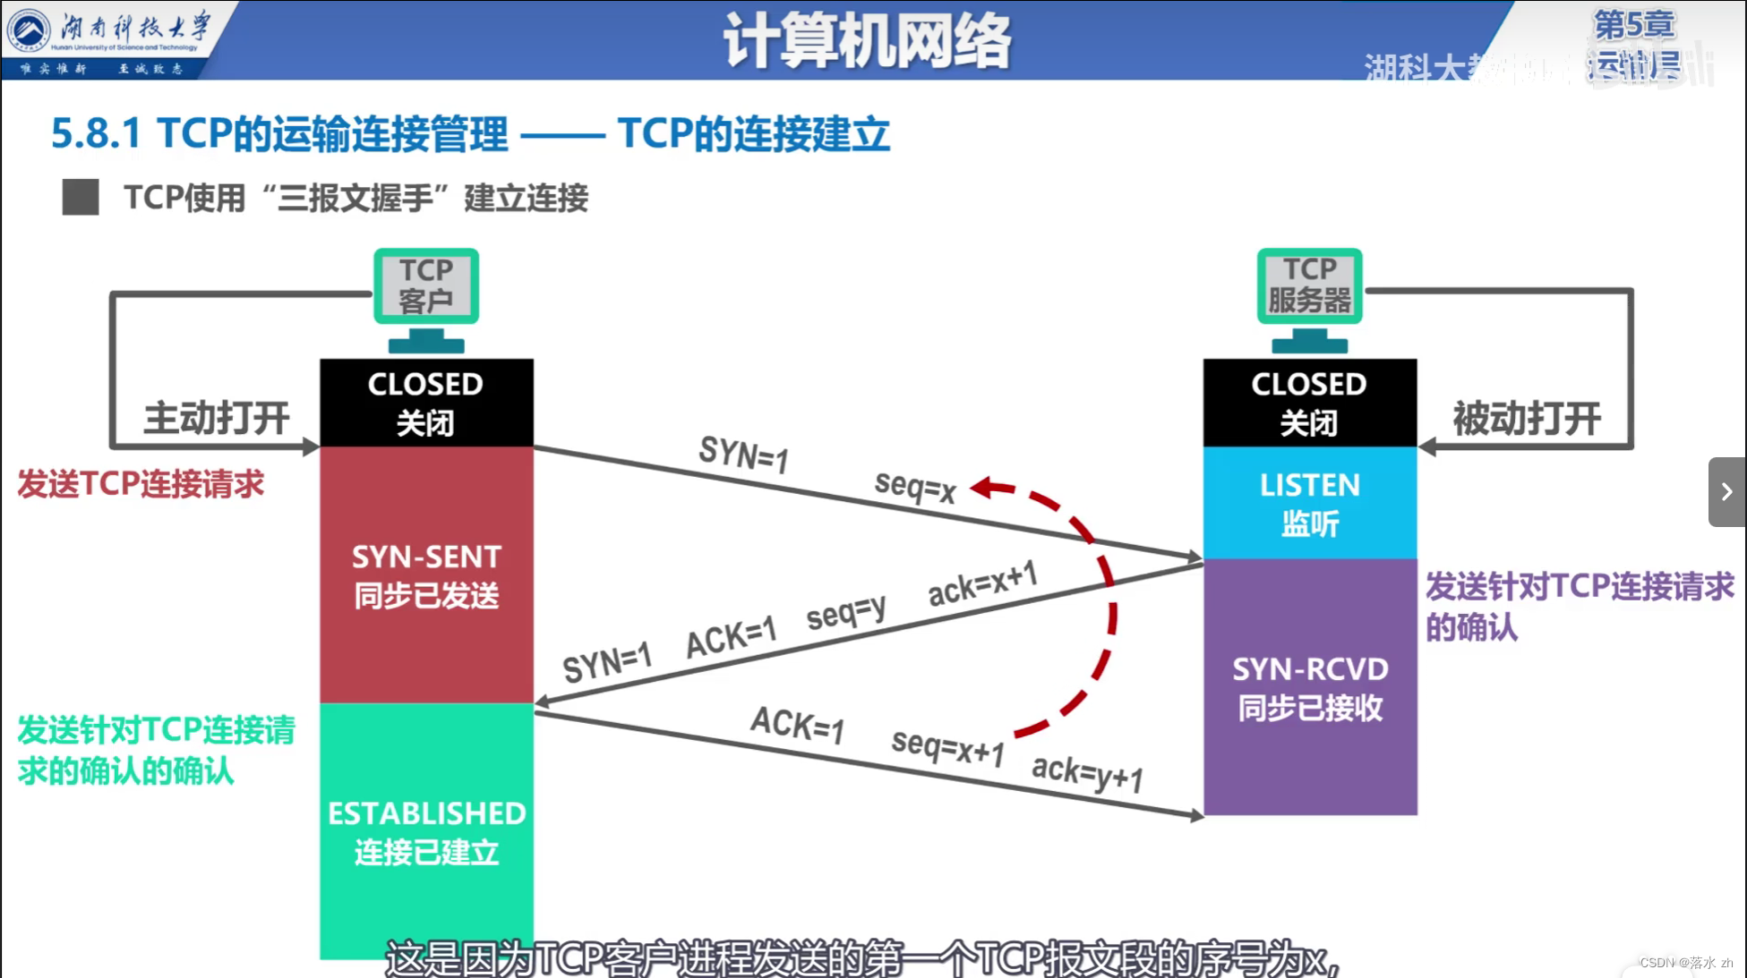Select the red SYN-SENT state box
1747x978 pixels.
[426, 574]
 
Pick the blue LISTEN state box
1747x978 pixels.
[1309, 503]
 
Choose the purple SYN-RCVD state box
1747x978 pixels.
[1309, 687]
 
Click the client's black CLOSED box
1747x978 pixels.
[426, 403]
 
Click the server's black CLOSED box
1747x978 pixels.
[1309, 403]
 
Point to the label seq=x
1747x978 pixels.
[915, 487]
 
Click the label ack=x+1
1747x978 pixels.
[982, 583]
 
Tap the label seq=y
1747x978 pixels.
[845, 614]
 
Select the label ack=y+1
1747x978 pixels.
[1087, 773]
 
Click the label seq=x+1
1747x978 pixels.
[947, 746]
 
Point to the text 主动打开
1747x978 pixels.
[217, 418]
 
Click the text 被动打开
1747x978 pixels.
[1527, 418]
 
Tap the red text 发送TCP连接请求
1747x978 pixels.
[141, 484]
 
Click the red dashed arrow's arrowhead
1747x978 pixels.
[983, 488]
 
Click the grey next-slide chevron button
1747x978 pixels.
[1726, 492]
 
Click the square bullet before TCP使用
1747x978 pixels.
[81, 197]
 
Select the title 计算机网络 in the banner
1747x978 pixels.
[867, 41]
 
